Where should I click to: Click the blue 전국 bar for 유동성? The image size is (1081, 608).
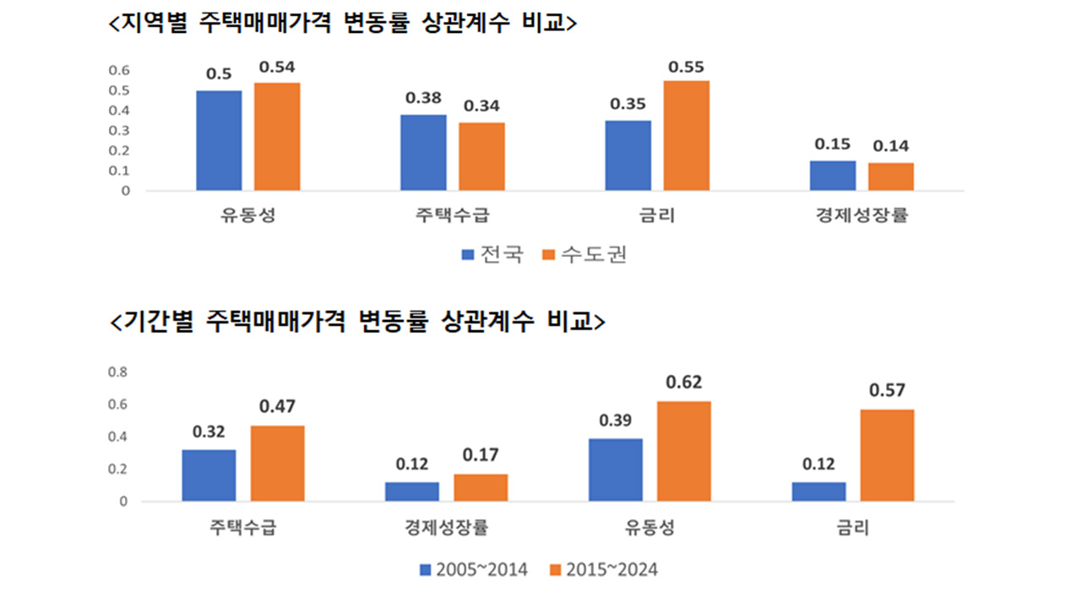(x=219, y=140)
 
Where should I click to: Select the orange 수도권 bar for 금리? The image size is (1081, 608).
(x=686, y=135)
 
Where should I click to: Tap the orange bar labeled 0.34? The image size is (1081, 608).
(x=481, y=156)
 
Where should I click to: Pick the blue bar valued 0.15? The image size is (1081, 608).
(x=833, y=175)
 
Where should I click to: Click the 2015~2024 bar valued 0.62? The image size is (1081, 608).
(x=684, y=451)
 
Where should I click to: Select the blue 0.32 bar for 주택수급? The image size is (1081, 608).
(x=209, y=475)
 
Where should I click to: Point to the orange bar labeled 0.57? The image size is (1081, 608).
(x=887, y=455)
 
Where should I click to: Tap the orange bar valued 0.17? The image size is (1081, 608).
(x=481, y=487)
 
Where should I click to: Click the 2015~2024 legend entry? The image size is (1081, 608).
(x=603, y=570)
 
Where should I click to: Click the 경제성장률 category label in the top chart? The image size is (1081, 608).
(x=861, y=215)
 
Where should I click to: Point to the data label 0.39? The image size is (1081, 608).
(x=617, y=420)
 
